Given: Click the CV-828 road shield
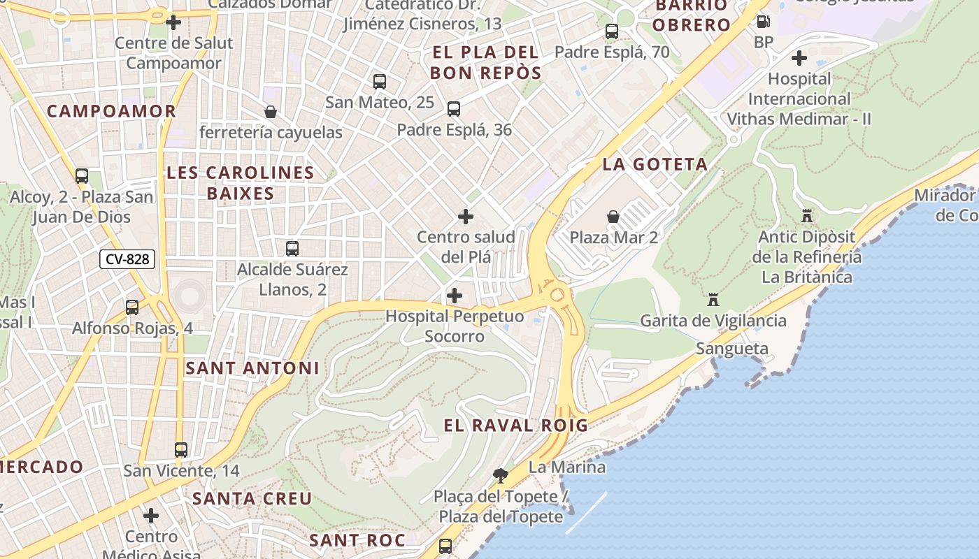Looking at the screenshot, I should coord(127,259).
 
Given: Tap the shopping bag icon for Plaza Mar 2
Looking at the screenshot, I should coord(613,217).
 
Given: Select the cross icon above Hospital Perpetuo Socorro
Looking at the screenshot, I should coord(455,296).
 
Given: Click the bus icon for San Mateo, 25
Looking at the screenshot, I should coord(380,82).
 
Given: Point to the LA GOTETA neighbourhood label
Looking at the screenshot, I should coord(655,165).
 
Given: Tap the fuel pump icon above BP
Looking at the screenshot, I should coord(763,22).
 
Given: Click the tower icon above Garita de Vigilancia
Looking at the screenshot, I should coord(713,300).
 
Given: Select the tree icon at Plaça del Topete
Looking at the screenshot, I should coord(500,476).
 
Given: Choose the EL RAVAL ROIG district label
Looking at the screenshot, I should coord(515,425).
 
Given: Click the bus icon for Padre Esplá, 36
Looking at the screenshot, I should coord(454,109).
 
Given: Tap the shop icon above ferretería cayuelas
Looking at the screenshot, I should coord(271,112).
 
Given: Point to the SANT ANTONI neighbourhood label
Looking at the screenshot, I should coord(252,368).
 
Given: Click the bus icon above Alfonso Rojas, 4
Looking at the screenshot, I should coord(132,307).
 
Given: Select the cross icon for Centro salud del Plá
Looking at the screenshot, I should coord(465,217).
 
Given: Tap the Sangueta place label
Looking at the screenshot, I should coord(732,349).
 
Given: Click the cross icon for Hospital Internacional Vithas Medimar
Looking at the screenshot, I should coord(799,58).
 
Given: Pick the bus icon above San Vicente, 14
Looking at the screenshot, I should coord(181,450).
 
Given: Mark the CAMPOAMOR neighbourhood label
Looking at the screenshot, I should coord(111,111).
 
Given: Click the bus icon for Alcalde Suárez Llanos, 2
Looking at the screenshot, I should coord(292,249).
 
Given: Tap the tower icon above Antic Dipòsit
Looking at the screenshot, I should coord(807,217).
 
